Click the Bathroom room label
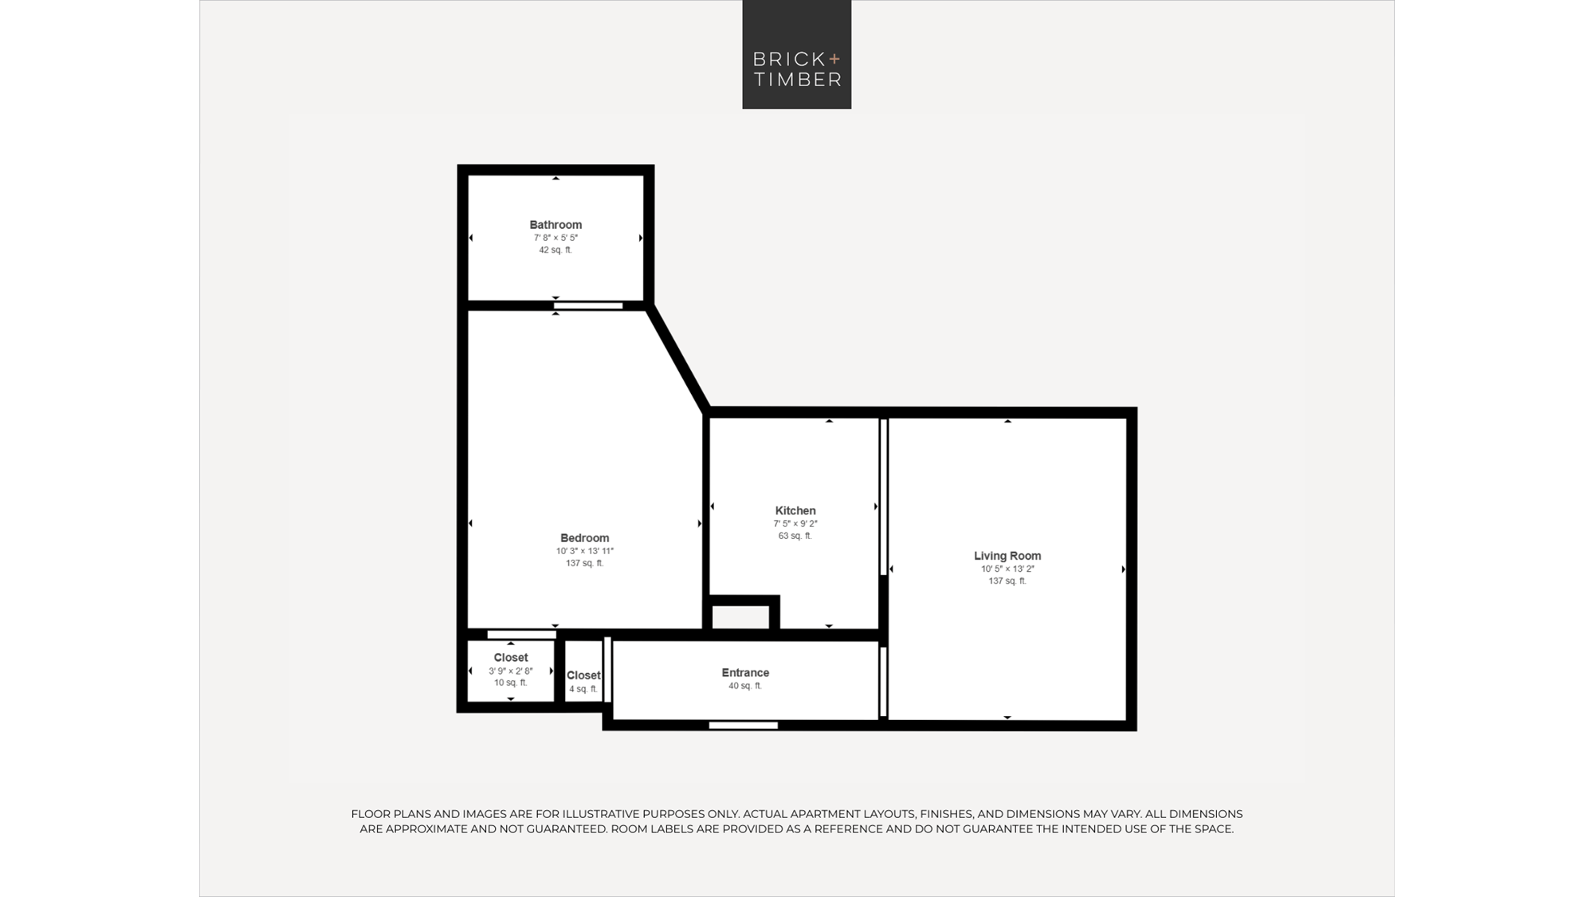click(x=556, y=225)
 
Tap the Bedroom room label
click(x=584, y=538)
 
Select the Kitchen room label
click(x=795, y=510)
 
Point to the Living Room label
click(x=1007, y=556)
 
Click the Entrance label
click(x=745, y=673)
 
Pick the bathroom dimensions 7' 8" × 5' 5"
click(x=556, y=238)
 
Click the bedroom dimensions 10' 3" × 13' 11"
click(x=584, y=551)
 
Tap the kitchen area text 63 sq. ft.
click(x=795, y=536)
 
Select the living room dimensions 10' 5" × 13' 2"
click(x=1007, y=568)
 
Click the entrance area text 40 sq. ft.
click(x=745, y=686)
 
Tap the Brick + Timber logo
click(x=797, y=54)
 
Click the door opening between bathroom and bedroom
click(x=588, y=306)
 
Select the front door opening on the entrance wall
click(x=744, y=726)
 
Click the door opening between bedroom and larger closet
click(x=522, y=635)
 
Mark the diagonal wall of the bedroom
click(x=678, y=357)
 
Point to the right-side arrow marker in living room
click(x=1123, y=569)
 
